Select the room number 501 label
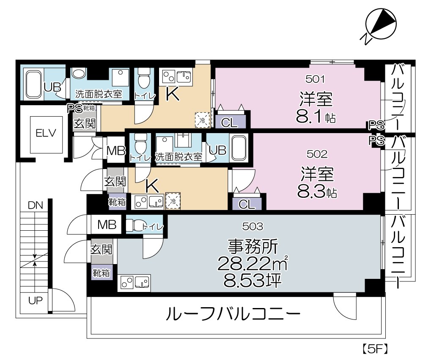(x=314, y=79)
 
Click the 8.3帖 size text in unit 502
(x=316, y=192)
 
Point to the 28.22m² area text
(x=253, y=264)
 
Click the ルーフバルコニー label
(x=233, y=315)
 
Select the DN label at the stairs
(x=36, y=205)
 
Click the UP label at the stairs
(x=35, y=301)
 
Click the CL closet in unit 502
(x=247, y=204)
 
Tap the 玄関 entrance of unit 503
(x=102, y=250)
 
